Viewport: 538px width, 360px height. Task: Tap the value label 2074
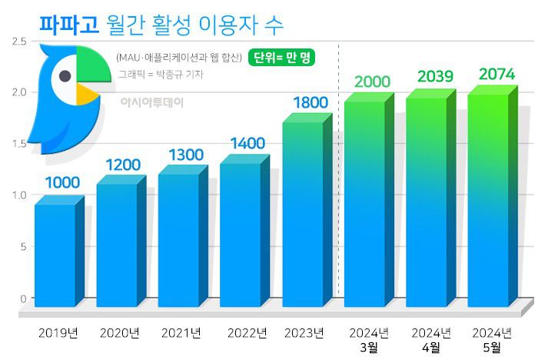(497, 75)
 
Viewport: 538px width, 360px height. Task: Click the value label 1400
(247, 144)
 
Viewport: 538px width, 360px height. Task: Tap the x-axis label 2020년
(119, 333)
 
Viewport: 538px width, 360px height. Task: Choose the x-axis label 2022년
(247, 333)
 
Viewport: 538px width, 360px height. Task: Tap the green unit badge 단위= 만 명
(283, 58)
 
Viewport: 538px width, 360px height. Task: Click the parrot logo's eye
(65, 75)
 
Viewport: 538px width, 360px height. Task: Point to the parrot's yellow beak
(86, 93)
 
